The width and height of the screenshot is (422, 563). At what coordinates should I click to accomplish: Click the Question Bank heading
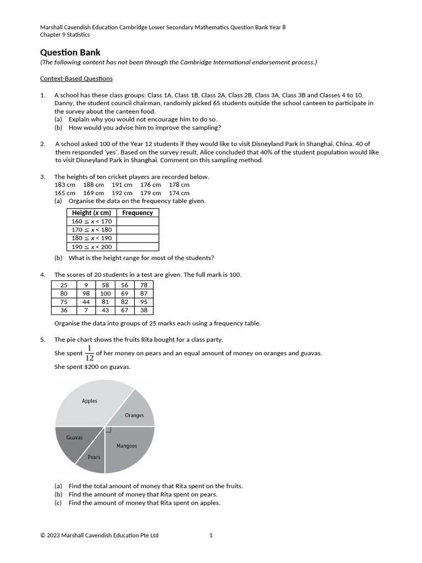(70, 53)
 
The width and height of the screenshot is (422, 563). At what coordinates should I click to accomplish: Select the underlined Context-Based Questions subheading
(76, 79)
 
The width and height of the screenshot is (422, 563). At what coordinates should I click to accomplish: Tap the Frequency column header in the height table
(137, 213)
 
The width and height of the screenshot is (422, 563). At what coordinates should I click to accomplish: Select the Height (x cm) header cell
(92, 213)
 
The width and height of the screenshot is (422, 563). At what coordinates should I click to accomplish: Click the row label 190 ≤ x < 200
(92, 247)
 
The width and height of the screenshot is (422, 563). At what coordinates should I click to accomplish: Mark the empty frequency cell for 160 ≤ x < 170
(137, 221)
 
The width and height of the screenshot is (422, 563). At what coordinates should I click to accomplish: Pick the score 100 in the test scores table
(105, 294)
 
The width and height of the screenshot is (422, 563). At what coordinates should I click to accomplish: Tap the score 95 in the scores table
(144, 302)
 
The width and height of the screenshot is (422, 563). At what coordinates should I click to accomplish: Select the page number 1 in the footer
(211, 535)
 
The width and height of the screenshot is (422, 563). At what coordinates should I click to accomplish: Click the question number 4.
(43, 274)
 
